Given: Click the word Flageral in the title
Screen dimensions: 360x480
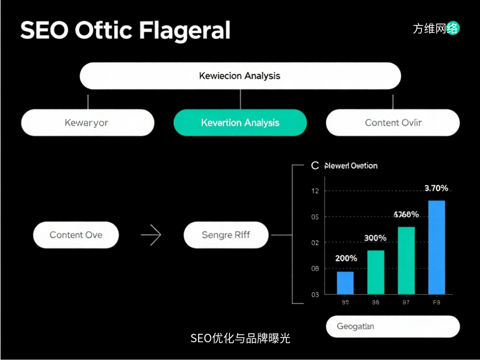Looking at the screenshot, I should (x=185, y=31).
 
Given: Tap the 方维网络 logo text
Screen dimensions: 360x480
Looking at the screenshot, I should (x=435, y=29).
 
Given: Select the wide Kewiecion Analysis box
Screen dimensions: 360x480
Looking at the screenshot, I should (x=240, y=75).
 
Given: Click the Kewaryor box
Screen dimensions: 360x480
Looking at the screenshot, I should (x=88, y=123).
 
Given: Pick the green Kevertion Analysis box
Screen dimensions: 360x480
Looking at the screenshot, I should (x=240, y=123).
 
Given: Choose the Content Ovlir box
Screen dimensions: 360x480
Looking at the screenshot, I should (x=393, y=123).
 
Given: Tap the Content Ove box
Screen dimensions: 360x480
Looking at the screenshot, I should (x=76, y=235).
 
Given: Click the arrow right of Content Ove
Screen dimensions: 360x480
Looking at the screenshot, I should (x=151, y=235).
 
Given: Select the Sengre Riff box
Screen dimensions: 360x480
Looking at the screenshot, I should (x=226, y=235).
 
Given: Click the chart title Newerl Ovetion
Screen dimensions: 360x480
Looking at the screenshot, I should (x=351, y=165).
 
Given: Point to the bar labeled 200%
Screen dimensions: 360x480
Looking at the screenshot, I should (x=345, y=283).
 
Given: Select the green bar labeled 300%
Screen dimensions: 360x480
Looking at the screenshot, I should (x=375, y=272).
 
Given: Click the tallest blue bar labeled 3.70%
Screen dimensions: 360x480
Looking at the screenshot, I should (x=436, y=247).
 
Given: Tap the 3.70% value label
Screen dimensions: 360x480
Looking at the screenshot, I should (x=436, y=188).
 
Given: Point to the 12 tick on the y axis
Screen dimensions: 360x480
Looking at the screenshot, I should (x=315, y=191).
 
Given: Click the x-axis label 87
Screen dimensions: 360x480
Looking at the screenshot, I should (x=406, y=303).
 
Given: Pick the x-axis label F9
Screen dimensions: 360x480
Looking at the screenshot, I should (x=436, y=303).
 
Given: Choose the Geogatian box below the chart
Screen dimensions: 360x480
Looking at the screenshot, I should (x=392, y=326).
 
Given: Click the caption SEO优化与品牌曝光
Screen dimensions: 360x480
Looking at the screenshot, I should (x=240, y=338).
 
